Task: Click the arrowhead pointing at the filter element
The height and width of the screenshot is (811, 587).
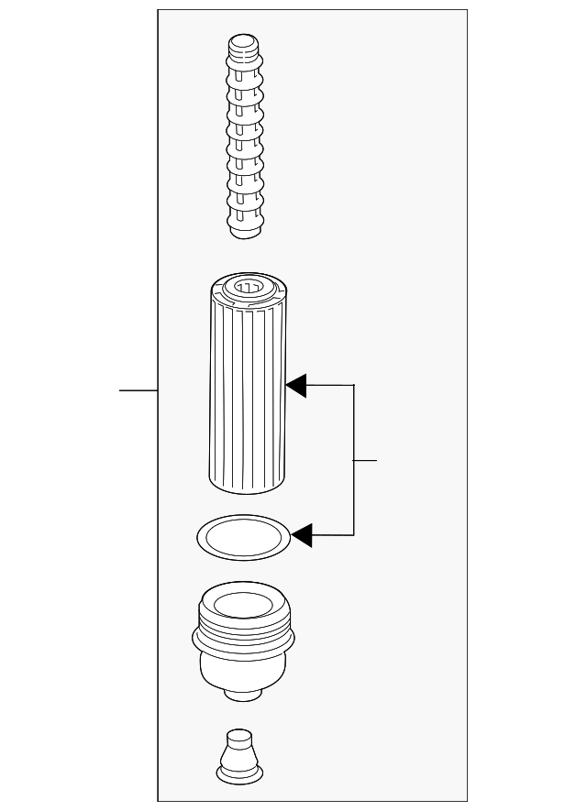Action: (295, 386)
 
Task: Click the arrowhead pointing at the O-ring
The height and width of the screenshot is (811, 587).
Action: (301, 535)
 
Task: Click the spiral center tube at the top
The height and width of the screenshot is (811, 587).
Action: (243, 137)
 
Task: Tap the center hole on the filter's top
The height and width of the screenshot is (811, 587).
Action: (247, 288)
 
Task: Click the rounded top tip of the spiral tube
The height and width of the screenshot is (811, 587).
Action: (242, 43)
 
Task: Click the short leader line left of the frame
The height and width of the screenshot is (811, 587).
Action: (138, 390)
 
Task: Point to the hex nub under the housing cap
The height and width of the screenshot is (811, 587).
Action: (240, 694)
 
